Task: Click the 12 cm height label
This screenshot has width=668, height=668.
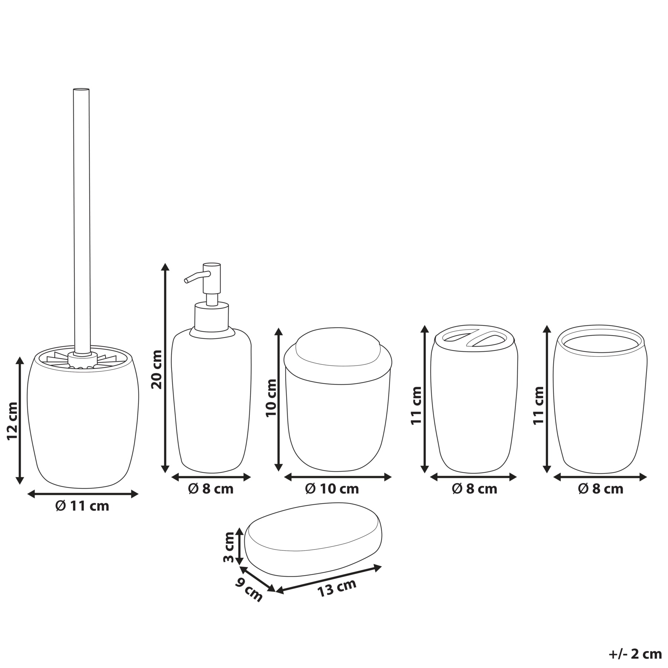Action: pos(12,421)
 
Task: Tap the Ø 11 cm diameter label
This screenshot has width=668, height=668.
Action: pos(82,506)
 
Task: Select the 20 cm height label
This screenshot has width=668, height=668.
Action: pos(157,369)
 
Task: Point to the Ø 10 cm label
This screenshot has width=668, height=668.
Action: pos(332,489)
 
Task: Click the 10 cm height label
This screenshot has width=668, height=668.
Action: pos(271,398)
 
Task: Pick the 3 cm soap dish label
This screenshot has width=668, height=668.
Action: pos(229,547)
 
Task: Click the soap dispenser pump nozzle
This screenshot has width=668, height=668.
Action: pos(197,277)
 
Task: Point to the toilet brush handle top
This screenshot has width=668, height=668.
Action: pos(81,89)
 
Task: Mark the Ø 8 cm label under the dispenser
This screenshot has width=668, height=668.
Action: pos(211,489)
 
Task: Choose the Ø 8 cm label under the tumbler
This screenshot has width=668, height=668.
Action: pos(600,489)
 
